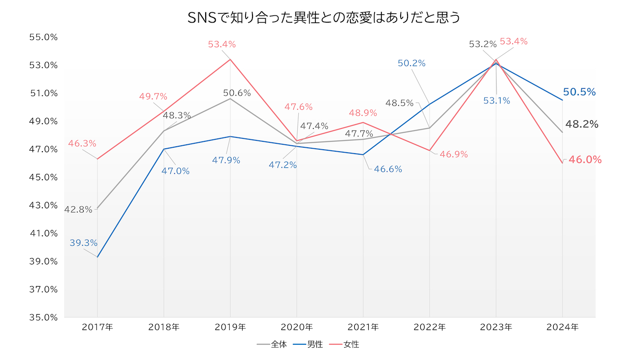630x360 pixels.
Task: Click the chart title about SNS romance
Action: (x=324, y=18)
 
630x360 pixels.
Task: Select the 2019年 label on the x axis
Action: (x=230, y=327)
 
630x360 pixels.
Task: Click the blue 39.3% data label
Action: (x=83, y=243)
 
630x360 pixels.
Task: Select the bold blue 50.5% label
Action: (x=580, y=92)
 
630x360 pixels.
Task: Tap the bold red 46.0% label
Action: (x=585, y=160)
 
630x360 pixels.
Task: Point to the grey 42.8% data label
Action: (x=78, y=209)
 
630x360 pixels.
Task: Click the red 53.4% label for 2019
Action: (x=221, y=44)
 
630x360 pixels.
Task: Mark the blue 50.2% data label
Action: (x=412, y=63)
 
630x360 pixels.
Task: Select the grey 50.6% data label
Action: (x=237, y=93)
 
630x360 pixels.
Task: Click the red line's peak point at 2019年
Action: (x=230, y=60)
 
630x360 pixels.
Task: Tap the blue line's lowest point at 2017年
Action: (x=97, y=257)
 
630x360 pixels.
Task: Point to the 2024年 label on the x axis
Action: (x=562, y=327)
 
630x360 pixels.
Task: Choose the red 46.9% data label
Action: (x=454, y=154)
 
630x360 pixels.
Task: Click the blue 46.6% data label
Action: (x=388, y=169)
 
